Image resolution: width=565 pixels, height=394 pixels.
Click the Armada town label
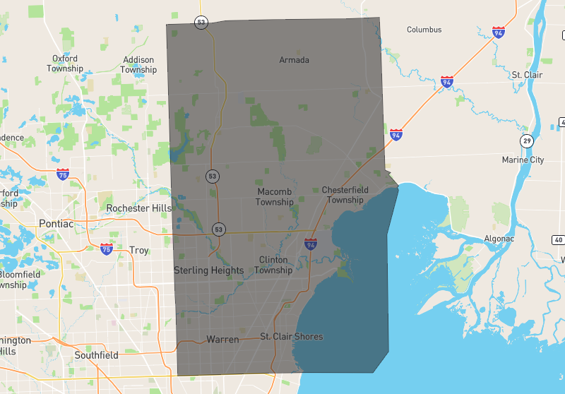tap(294, 60)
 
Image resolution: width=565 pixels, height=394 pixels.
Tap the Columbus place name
tap(424, 30)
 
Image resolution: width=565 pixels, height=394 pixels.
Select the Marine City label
tap(523, 160)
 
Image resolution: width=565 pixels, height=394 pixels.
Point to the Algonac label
tap(499, 239)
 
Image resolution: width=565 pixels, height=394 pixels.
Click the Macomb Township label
tap(275, 197)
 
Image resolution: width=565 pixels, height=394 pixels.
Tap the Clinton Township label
tap(273, 265)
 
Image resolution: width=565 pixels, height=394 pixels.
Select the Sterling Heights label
tap(208, 270)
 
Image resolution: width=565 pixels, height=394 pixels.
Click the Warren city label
tap(222, 340)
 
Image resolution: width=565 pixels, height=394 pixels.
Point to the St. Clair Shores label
tap(291, 337)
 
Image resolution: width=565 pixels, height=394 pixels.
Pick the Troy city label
tap(138, 251)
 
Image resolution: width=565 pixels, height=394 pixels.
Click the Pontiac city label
tap(56, 224)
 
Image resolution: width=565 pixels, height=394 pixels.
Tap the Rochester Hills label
tap(138, 208)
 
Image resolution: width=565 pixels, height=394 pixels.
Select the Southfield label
tap(96, 355)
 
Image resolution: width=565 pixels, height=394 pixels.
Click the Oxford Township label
tap(65, 64)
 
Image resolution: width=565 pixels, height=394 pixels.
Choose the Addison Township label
tap(138, 65)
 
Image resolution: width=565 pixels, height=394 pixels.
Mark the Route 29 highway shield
tap(527, 141)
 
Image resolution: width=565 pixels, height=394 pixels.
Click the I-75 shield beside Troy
tap(107, 249)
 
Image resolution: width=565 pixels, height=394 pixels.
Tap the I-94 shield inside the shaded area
tap(311, 244)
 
